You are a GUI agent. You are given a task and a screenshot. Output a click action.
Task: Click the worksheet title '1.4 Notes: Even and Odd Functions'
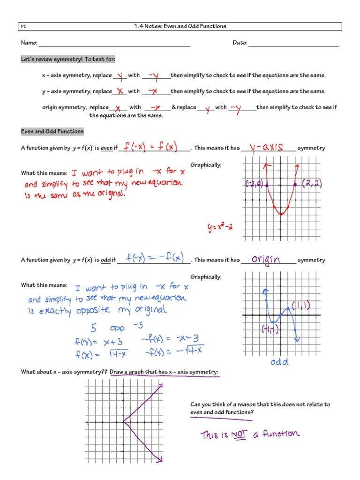180,26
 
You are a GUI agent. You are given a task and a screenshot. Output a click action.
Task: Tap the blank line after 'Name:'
114,45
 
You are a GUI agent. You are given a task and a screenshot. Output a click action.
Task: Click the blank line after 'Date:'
293,45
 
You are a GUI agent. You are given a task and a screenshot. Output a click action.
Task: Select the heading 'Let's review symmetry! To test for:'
68,59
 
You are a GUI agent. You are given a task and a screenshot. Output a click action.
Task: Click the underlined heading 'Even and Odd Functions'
52,132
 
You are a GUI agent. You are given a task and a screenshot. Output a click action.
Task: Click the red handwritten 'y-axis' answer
266,147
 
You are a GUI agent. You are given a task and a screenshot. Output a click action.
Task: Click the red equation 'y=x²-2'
220,228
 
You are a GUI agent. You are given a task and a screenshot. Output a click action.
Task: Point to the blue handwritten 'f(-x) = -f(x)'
155,258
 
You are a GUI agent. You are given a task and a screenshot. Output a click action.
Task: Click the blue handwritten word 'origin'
266,259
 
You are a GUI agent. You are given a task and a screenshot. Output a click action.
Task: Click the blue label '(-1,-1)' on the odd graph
270,330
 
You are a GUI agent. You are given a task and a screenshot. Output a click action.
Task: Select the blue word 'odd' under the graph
279,361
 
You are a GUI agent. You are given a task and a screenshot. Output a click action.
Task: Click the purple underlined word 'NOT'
239,435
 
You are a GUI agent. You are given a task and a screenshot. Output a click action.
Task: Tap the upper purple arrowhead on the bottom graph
160,385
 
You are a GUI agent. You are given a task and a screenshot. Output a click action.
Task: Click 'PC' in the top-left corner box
24,27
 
